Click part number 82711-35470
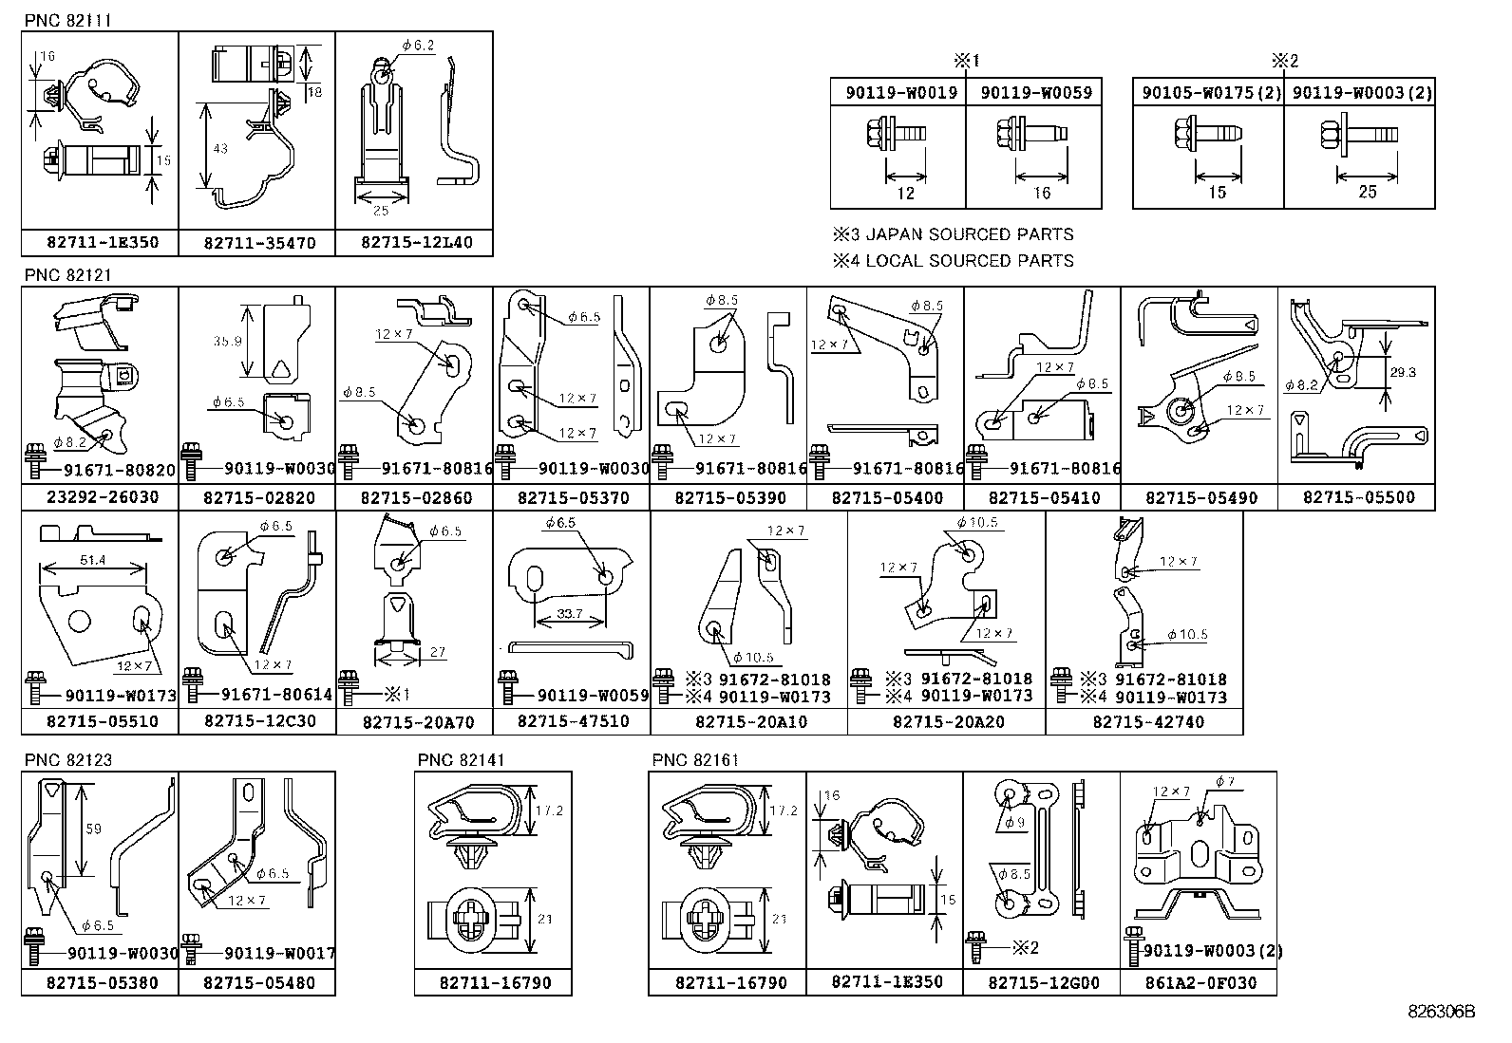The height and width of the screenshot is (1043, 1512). pyautogui.click(x=256, y=243)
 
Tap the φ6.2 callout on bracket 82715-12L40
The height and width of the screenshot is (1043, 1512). pyautogui.click(x=417, y=45)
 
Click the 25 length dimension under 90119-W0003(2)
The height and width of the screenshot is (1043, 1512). pyautogui.click(x=1367, y=192)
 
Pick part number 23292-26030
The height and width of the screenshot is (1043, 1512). pyautogui.click(x=100, y=497)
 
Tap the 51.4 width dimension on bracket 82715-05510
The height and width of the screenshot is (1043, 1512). pyautogui.click(x=92, y=561)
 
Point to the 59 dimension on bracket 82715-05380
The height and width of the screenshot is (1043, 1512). pyautogui.click(x=93, y=829)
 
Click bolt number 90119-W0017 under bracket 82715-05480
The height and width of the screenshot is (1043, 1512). pyautogui.click(x=279, y=954)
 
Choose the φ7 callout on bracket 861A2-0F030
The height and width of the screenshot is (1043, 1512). pyautogui.click(x=1224, y=782)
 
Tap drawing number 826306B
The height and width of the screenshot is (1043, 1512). pyautogui.click(x=1441, y=1012)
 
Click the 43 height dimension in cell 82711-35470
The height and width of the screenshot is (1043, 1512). pyautogui.click(x=220, y=149)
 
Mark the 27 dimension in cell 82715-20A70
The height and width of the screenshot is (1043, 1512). pyautogui.click(x=438, y=652)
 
